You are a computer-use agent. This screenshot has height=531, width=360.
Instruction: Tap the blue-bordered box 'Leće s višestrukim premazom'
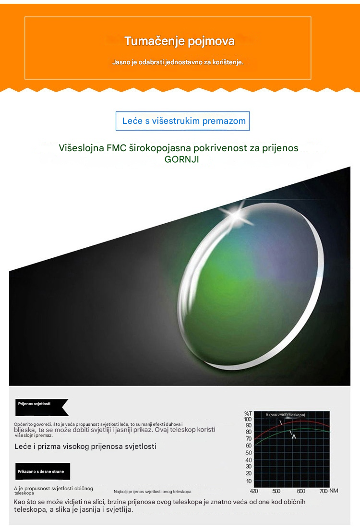182,121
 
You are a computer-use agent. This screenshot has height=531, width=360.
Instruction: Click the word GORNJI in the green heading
182,159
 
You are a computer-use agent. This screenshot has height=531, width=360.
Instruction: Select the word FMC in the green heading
117,148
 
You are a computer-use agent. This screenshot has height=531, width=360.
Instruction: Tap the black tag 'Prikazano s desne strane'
43,471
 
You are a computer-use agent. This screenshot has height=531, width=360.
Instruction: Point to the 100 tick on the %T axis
248,419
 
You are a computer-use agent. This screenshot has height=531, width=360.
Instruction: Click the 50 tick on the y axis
249,453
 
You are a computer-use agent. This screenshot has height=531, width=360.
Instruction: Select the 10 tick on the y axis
249,481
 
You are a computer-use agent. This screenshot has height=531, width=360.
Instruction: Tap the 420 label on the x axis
253,491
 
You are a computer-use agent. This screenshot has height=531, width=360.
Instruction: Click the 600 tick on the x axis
301,491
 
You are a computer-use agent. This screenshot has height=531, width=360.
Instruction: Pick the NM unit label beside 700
334,491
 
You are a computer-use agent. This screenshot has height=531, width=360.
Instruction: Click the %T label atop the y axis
248,413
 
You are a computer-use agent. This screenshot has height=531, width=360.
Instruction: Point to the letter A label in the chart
294,437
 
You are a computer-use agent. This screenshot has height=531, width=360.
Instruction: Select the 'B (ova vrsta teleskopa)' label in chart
285,415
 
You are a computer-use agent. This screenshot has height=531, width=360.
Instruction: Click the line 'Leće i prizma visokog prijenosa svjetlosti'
85,447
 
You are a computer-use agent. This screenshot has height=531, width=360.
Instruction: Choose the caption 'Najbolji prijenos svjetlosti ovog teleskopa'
152,491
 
